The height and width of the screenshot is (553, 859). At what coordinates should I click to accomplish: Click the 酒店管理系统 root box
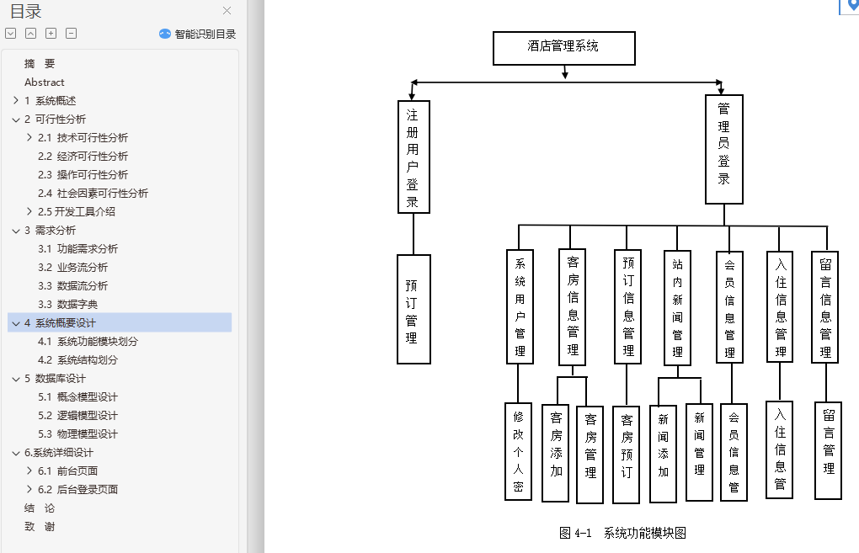coord(563,48)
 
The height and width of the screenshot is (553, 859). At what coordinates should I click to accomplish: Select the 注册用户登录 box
coord(413,157)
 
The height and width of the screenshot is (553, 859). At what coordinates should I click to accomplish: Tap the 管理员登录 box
coord(723,149)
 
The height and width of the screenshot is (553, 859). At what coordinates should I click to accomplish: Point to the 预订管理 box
coord(413,309)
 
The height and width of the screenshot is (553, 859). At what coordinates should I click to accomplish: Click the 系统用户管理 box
coord(520,306)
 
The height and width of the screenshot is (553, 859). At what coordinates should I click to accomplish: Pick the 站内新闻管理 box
coord(677,307)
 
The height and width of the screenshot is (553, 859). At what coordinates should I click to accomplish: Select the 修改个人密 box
coord(518,451)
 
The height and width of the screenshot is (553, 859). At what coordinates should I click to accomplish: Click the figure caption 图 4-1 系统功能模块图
coord(622,533)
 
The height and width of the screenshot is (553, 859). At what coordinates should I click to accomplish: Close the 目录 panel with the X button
coord(227,11)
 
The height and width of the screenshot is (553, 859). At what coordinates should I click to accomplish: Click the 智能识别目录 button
coord(198,35)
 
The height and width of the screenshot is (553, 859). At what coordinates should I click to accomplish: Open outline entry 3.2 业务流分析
coord(82,268)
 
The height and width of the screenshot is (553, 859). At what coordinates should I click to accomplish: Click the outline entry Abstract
coord(45,82)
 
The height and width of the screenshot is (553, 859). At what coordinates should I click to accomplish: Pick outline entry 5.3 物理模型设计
coord(87,434)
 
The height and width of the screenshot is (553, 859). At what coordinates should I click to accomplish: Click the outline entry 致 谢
coord(40,527)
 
